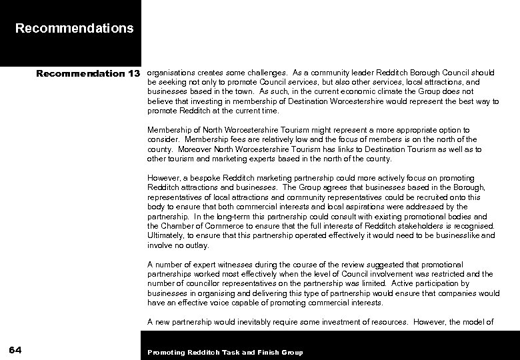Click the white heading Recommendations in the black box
(74, 29)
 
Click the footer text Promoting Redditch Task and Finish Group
(225, 352)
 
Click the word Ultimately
(165, 236)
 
